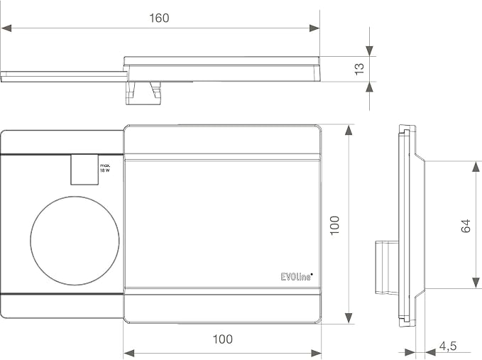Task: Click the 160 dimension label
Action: click(159, 18)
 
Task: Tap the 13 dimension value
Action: click(359, 69)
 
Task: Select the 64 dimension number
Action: click(466, 226)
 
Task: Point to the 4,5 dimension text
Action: click(447, 346)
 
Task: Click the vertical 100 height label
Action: click(334, 225)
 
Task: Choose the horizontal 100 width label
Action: click(223, 339)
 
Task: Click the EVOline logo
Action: click(297, 276)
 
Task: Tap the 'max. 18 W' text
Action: click(105, 168)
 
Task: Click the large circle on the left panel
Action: click(75, 241)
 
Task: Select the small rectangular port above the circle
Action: click(84, 170)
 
